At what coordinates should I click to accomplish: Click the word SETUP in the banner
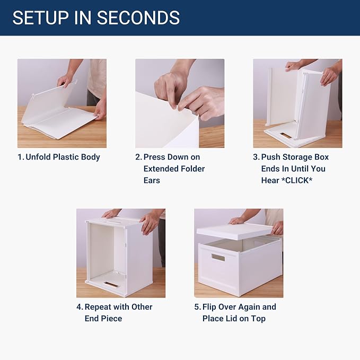[40, 17]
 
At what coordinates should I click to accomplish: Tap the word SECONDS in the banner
[138, 17]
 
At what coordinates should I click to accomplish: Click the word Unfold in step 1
[38, 157]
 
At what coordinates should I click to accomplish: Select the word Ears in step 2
[152, 180]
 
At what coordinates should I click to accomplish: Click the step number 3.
[256, 157]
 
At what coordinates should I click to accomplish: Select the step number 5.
[197, 307]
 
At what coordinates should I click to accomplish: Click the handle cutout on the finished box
[218, 258]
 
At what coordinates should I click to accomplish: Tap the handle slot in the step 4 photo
[111, 284]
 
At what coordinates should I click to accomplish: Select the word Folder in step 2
[192, 169]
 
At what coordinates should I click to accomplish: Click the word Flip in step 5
[209, 307]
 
